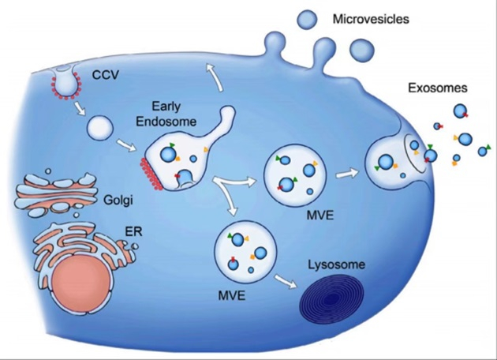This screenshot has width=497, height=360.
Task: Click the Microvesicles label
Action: click(x=371, y=20)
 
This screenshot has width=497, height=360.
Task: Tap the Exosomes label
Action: click(x=437, y=88)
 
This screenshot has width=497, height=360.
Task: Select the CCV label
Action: click(x=106, y=75)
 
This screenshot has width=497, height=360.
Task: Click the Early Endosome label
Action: click(x=166, y=114)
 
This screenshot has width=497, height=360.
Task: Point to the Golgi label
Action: click(x=118, y=201)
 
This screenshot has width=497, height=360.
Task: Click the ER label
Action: click(x=133, y=232)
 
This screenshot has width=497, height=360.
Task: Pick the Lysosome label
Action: click(x=337, y=264)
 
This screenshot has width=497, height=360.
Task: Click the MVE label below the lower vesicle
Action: click(x=232, y=296)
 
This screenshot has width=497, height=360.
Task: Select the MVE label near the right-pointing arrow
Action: click(x=320, y=216)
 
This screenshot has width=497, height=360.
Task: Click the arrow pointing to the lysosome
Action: click(x=286, y=281)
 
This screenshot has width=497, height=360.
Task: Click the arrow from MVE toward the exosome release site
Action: click(x=347, y=174)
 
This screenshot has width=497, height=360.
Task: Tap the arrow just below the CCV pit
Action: click(x=80, y=108)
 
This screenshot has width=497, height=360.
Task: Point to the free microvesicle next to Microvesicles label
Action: click(x=307, y=20)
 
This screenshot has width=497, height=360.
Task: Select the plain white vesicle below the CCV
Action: click(x=100, y=129)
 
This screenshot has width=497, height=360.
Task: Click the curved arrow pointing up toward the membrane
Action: click(x=215, y=77)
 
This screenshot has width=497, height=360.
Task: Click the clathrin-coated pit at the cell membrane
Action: click(x=66, y=83)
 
